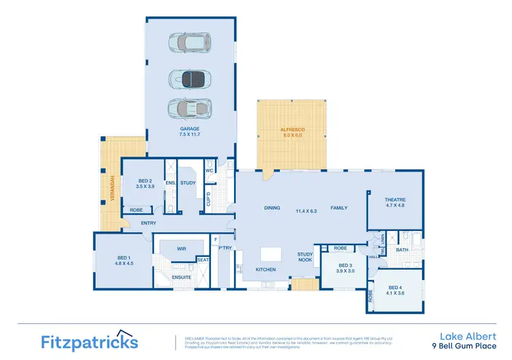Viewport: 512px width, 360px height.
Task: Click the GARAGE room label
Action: click(x=190, y=128)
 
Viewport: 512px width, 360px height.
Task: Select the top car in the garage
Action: click(x=190, y=42)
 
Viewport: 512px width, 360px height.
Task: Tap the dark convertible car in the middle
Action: click(x=190, y=78)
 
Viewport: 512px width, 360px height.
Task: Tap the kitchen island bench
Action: click(x=270, y=254)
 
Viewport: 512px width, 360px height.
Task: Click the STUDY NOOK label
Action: click(x=305, y=257)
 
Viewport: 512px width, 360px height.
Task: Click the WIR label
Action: click(x=182, y=249)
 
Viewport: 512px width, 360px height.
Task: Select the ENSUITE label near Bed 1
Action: click(x=182, y=277)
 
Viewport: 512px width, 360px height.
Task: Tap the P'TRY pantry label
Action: click(x=225, y=249)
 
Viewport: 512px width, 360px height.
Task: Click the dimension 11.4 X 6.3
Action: click(x=307, y=210)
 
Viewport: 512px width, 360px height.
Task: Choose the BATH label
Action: click(x=401, y=250)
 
